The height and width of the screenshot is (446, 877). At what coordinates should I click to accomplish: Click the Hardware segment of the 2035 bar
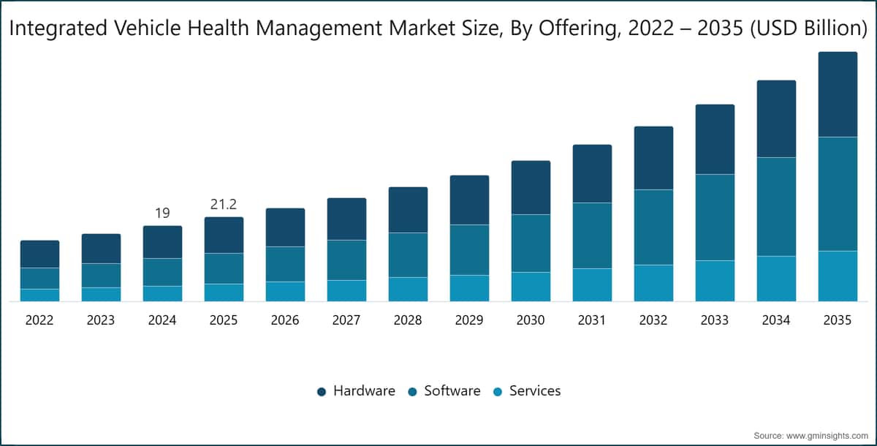pos(838,94)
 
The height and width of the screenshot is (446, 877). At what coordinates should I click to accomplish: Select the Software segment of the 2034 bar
pos(776,207)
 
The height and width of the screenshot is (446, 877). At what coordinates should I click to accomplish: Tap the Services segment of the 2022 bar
pos(40,295)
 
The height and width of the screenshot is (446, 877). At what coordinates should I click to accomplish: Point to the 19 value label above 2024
pos(162,213)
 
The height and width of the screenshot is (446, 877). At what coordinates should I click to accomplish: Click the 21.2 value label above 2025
pos(224,205)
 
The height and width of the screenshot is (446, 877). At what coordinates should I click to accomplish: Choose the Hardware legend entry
pos(356,390)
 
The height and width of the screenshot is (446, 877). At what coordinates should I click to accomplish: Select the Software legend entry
pos(444,390)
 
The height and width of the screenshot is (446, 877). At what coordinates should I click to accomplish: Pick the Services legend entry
pos(527,390)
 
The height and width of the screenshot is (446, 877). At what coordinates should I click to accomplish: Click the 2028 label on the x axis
pos(408,320)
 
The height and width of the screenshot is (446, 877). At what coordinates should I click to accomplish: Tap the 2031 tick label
pos(591,320)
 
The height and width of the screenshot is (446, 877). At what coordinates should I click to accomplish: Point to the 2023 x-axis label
pos(101,320)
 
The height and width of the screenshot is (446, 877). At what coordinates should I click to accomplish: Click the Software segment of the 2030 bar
pos(531,243)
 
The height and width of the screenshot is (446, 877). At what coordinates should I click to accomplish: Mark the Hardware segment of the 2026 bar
pos(286,227)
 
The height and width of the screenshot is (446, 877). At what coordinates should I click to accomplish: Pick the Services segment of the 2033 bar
pos(715,281)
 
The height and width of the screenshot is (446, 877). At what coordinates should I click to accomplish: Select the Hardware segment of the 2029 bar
pos(469,200)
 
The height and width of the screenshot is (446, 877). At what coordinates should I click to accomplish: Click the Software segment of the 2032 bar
pos(654,227)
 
